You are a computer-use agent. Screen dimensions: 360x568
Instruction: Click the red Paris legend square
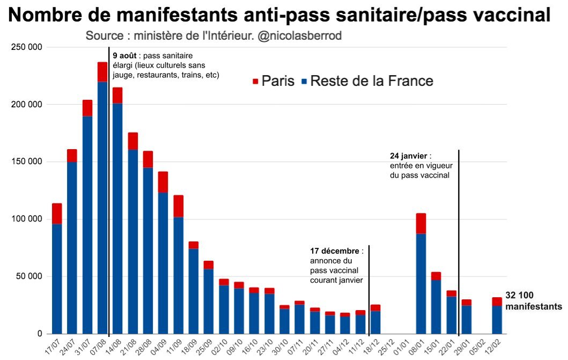tap(255, 82)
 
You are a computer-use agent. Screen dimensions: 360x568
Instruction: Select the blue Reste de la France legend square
tap(304, 82)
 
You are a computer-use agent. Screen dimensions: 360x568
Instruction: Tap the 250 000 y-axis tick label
tap(27, 48)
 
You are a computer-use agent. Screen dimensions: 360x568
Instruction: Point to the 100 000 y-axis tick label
tap(27, 219)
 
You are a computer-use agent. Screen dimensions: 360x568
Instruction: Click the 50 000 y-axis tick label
tap(29, 277)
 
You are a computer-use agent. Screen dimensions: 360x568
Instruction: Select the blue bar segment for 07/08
tap(102, 208)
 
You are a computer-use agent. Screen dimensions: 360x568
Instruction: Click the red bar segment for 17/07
tap(57, 214)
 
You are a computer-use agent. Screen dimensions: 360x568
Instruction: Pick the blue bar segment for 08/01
tap(421, 284)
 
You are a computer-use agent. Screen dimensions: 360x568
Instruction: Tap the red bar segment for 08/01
tap(421, 223)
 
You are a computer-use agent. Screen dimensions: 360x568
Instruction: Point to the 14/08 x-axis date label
tap(113, 346)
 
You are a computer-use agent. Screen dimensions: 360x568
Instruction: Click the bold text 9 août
tap(124, 55)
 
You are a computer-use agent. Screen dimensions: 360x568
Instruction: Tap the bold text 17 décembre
tap(335, 251)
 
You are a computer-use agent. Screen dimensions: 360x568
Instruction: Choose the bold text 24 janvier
tap(409, 156)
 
